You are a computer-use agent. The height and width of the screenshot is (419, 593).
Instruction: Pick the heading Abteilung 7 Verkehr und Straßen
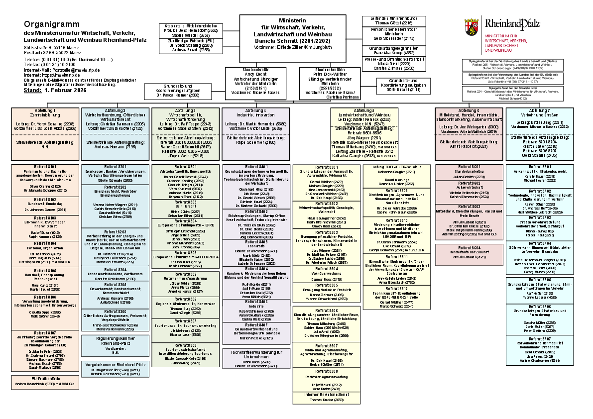click(540, 112)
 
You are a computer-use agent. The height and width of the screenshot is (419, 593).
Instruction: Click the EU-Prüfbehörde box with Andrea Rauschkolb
click(45, 381)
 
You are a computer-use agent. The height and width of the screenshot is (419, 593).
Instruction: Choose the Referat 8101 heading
click(45, 166)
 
